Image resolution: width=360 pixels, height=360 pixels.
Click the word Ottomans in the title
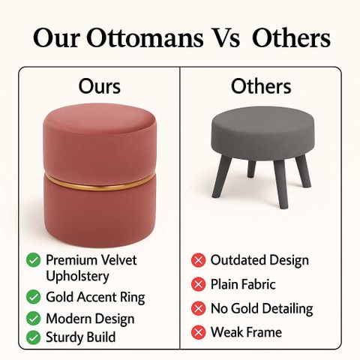click(x=145, y=37)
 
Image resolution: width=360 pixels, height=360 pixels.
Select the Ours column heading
click(x=100, y=86)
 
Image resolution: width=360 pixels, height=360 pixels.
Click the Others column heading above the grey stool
click(x=261, y=86)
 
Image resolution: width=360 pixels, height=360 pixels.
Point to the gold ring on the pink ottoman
click(x=100, y=184)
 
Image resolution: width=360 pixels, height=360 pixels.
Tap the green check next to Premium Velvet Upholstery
click(x=33, y=260)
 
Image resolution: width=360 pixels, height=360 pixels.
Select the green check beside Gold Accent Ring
click(x=33, y=297)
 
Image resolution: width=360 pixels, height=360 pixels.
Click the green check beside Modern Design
click(x=33, y=319)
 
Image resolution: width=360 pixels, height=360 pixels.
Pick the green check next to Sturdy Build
click(x=33, y=337)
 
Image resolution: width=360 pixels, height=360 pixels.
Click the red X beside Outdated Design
click(x=199, y=260)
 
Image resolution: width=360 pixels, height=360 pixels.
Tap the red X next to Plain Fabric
click(x=199, y=284)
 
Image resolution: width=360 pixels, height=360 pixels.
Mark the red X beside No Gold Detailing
click(x=199, y=308)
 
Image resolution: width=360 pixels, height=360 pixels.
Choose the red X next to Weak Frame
click(x=199, y=332)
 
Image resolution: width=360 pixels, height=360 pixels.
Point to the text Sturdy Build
click(x=81, y=337)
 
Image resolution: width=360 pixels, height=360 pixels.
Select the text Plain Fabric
click(x=243, y=284)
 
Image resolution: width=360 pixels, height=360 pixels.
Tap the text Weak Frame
click(x=246, y=332)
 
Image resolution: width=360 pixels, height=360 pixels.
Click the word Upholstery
click(x=77, y=277)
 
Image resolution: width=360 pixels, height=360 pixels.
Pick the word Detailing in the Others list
click(x=286, y=309)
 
